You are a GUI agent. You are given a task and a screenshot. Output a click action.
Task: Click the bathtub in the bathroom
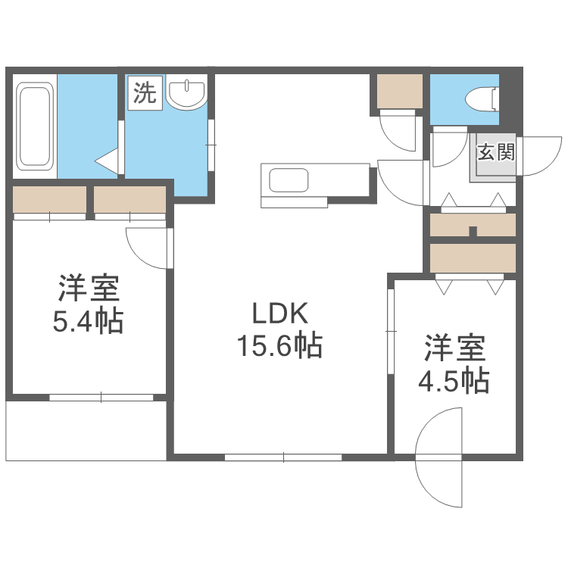click(x=35, y=126)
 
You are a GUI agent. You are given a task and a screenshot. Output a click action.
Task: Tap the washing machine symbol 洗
click(x=145, y=93)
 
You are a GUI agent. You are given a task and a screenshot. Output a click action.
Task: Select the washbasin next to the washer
click(x=186, y=94)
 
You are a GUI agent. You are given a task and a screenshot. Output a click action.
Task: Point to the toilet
click(x=482, y=98)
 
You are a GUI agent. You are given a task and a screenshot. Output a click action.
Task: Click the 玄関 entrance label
click(x=496, y=152)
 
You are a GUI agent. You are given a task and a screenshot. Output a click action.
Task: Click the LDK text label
click(x=279, y=314)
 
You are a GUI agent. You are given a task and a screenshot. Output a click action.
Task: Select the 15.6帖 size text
click(x=279, y=346)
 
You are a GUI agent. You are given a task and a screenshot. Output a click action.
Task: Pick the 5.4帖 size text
click(x=88, y=323)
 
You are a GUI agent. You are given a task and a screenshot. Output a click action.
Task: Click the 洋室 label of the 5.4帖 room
click(x=88, y=289)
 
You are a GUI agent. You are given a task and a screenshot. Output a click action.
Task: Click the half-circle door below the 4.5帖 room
click(x=439, y=458)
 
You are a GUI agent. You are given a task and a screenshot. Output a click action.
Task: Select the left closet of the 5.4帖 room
click(x=50, y=200)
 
